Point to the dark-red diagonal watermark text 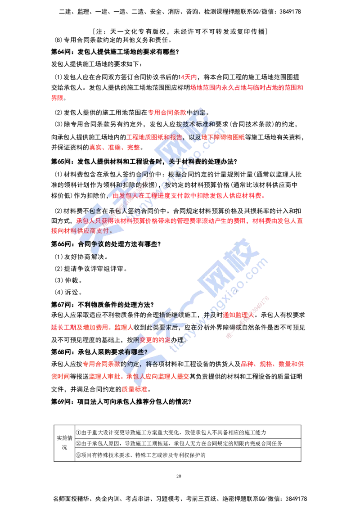point(248,317)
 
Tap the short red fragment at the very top point(189,77)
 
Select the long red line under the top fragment point(247,87)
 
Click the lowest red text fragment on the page point(134,389)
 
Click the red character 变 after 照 point(143,340)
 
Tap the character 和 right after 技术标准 point(213,124)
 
